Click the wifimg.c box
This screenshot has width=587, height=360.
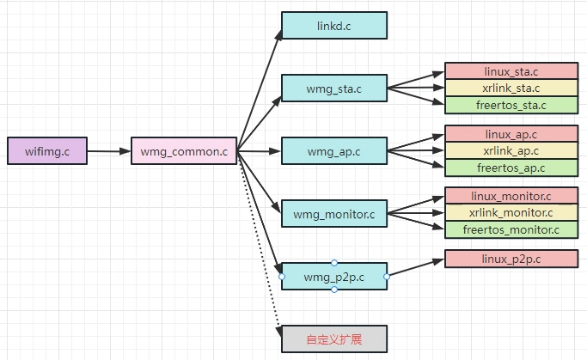(x=47, y=151)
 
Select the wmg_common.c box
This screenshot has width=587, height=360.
(x=184, y=152)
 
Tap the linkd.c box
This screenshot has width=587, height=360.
(x=334, y=26)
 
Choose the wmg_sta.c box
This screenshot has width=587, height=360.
(x=334, y=88)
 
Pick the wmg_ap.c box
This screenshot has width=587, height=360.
(x=334, y=151)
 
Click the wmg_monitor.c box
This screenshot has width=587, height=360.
(x=334, y=213)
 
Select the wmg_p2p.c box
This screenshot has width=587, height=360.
(x=334, y=276)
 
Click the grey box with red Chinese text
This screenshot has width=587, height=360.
(x=334, y=339)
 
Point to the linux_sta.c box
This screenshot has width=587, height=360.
(x=511, y=71)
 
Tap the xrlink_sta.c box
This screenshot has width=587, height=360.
(x=511, y=88)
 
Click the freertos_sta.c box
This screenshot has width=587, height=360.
(x=511, y=106)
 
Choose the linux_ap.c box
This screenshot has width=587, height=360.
(x=511, y=134)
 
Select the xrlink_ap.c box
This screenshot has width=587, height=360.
(x=511, y=150)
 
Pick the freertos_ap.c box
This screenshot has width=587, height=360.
(x=511, y=168)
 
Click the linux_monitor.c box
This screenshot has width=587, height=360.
(x=511, y=197)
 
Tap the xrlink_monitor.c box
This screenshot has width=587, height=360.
(x=511, y=213)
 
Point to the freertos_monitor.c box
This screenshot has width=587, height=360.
(x=511, y=230)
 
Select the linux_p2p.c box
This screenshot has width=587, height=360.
(x=511, y=259)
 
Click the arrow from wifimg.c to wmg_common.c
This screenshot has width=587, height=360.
(x=109, y=152)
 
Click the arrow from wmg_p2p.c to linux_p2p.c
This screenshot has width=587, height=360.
(x=416, y=267)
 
